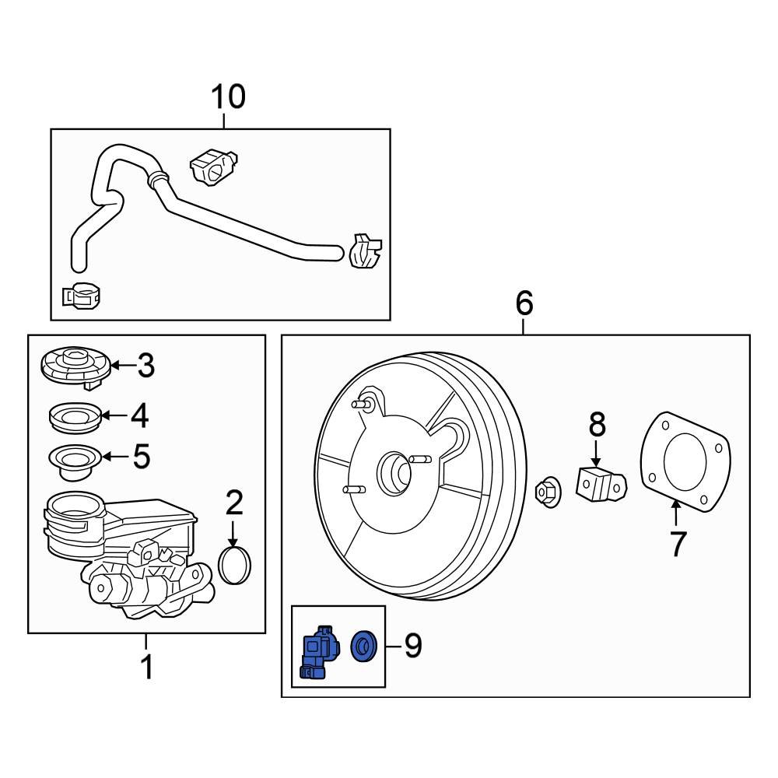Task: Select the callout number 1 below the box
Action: pyautogui.click(x=146, y=668)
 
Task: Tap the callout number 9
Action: pyautogui.click(x=412, y=645)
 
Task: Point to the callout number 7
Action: pyautogui.click(x=678, y=544)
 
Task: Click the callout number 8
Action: pyautogui.click(x=596, y=425)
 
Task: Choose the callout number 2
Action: pyautogui.click(x=234, y=503)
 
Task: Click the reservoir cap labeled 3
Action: pyautogui.click(x=73, y=366)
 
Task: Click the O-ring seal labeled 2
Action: pyautogui.click(x=236, y=565)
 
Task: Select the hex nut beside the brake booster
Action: pyautogui.click(x=548, y=490)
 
